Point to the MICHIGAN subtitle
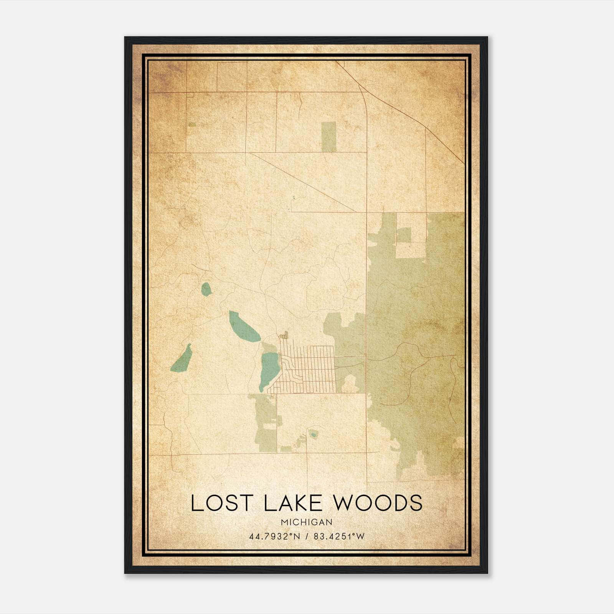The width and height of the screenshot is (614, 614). click(307, 522)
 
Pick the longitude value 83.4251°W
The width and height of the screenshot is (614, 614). click(339, 536)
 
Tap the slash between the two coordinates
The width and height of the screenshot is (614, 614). click(306, 536)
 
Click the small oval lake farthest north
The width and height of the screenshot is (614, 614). click(206, 289)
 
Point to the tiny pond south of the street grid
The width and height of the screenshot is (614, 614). click(314, 435)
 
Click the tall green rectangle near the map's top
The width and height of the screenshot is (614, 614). click(328, 137)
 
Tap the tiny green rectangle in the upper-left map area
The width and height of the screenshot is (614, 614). click(192, 124)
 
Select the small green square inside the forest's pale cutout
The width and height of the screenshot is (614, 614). click(403, 235)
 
